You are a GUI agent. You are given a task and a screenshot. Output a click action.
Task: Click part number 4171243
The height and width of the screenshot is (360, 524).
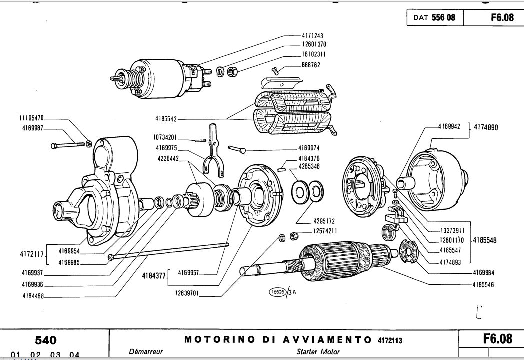click(x=313, y=36)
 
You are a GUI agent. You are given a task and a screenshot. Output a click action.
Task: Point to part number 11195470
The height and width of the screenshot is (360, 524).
click(x=29, y=118)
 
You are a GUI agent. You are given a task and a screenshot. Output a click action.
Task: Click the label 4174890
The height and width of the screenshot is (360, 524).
click(x=485, y=128)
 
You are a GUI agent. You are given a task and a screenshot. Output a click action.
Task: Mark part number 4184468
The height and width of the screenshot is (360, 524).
click(x=32, y=295)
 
